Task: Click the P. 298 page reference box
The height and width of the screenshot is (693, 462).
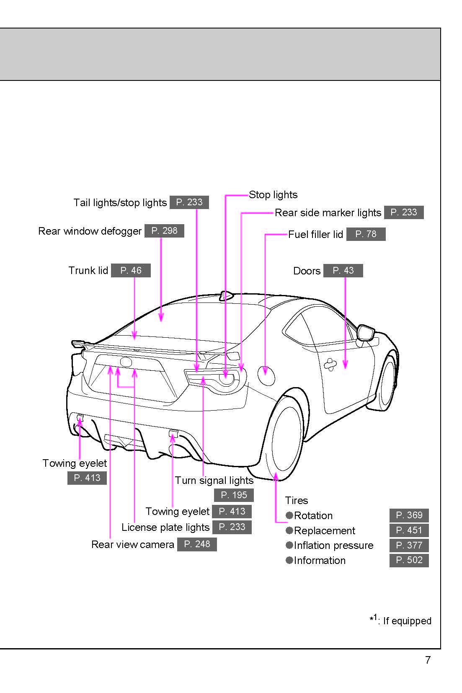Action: (164, 231)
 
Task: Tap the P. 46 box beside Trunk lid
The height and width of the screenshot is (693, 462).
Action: (131, 271)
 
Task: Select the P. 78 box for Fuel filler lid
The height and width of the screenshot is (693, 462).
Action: (366, 234)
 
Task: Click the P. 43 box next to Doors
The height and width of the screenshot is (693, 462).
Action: (343, 271)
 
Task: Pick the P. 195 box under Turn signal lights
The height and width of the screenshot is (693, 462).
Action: (234, 495)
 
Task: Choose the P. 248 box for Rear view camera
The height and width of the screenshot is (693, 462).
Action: (197, 544)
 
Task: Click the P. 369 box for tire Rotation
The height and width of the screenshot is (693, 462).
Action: (409, 515)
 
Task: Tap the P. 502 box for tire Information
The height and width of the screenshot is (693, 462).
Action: (409, 560)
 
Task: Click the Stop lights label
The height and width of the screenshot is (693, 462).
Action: (273, 195)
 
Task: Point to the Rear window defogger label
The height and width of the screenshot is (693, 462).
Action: (90, 231)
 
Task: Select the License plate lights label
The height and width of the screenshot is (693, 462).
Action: (165, 528)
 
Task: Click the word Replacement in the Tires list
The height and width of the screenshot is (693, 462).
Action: (324, 531)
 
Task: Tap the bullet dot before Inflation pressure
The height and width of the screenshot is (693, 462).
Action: (289, 545)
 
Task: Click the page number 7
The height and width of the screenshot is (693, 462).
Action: (428, 660)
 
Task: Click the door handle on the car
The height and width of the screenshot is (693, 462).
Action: (330, 365)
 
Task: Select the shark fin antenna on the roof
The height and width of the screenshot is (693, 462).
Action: (226, 296)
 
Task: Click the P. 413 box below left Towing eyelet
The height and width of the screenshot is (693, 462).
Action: (87, 478)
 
